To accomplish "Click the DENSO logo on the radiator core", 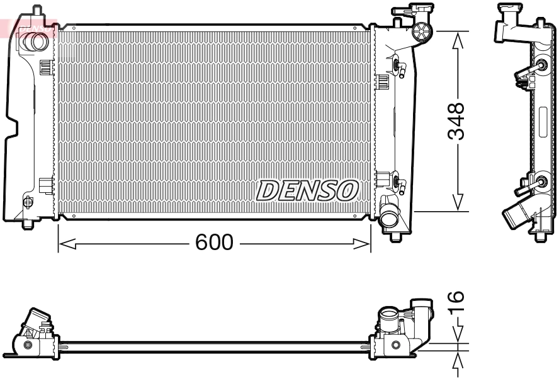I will pos(307,190).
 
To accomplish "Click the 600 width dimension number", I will pos(214,243).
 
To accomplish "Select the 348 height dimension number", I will pos(456,121).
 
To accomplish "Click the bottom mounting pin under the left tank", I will pos(28,224).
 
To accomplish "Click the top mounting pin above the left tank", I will pos(37,11).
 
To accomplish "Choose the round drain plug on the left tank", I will pos(27,202).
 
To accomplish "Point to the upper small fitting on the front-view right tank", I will pos(397,66).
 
